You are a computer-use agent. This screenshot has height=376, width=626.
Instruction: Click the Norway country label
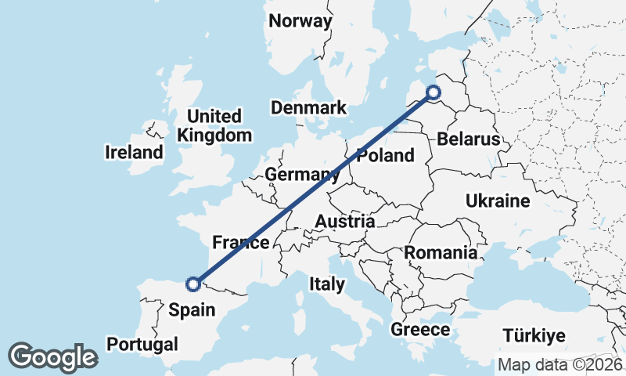300,21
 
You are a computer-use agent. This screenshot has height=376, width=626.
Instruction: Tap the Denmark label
308,107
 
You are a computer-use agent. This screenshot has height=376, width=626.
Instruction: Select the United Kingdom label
214,125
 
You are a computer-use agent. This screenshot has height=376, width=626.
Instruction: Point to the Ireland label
134,152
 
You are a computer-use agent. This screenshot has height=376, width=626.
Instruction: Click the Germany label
301,174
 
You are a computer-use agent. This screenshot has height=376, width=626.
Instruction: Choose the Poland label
385,155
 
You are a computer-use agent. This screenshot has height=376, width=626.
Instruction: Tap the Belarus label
468,139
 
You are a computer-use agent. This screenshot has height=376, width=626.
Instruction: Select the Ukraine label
498,201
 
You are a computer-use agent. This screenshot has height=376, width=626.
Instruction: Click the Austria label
344,222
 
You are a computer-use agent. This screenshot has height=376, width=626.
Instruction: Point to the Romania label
441,253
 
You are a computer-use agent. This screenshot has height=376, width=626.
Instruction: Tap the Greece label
420,329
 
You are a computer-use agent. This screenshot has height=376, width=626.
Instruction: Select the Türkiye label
534,336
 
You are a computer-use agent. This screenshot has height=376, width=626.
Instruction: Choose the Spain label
192,309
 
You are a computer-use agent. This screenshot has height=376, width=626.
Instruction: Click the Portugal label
142,344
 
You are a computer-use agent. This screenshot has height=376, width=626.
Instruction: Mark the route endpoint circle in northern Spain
193,284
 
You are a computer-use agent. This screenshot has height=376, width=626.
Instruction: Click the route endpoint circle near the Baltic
434,93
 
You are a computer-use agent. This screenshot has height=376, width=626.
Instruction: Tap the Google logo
52,357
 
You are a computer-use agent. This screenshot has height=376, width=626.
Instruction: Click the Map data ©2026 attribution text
560,365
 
